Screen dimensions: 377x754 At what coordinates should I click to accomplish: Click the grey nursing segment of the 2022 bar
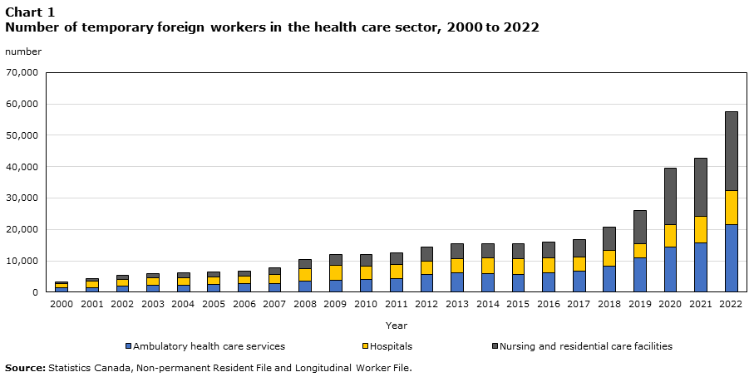click(731, 150)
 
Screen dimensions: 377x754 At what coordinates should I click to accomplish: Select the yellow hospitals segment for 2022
click(731, 208)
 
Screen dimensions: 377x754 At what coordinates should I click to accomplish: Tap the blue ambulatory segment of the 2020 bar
click(670, 269)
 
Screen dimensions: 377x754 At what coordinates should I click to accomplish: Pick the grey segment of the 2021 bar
click(701, 187)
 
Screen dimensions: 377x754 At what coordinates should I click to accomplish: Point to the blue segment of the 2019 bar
click(639, 274)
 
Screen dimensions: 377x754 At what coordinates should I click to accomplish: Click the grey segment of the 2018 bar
click(609, 238)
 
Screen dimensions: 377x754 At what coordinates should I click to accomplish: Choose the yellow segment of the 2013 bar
click(457, 265)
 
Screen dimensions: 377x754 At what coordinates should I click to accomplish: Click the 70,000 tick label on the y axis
click(22, 73)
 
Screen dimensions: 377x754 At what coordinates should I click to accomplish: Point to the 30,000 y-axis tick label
click(22, 198)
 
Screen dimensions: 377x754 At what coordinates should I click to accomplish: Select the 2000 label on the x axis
click(62, 305)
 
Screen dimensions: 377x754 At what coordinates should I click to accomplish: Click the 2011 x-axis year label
click(397, 305)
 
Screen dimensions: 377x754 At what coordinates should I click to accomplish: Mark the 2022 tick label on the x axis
click(731, 305)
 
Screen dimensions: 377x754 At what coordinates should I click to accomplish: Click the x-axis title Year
click(397, 326)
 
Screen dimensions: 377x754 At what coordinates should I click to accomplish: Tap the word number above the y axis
click(22, 51)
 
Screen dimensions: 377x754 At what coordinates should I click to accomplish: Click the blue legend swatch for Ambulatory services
click(128, 346)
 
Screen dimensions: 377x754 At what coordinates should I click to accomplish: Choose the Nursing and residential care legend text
click(586, 346)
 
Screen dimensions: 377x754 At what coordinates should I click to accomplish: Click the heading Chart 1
click(30, 12)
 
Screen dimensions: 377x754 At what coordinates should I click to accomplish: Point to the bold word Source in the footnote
click(25, 367)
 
